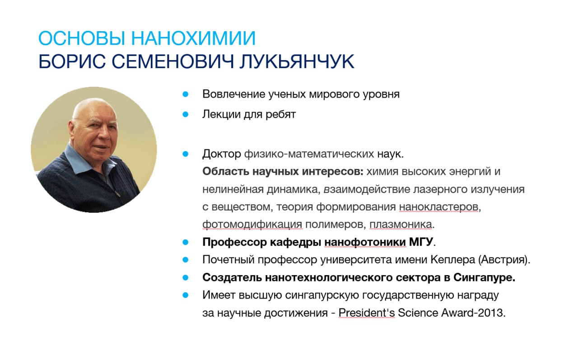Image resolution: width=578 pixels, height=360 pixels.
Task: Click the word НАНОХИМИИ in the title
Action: pyautogui.click(x=193, y=38)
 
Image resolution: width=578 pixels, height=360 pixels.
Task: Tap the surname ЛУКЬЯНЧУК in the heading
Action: pyautogui.click(x=297, y=61)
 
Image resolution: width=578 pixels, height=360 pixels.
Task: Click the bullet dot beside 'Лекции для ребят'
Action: pyautogui.click(x=185, y=114)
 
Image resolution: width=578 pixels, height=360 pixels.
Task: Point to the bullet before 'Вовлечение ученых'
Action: pyautogui.click(x=185, y=94)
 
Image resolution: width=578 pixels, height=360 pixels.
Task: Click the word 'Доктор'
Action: pyautogui.click(x=222, y=154)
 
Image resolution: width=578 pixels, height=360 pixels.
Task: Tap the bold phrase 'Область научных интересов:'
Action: pyautogui.click(x=283, y=171)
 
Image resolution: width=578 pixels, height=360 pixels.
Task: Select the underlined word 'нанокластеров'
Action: pyautogui.click(x=438, y=207)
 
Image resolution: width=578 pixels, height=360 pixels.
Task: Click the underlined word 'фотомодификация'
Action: pyautogui.click(x=252, y=224)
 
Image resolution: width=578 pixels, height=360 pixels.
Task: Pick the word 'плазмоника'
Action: pyautogui.click(x=401, y=224)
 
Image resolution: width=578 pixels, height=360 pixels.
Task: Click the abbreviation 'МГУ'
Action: pyautogui.click(x=421, y=242)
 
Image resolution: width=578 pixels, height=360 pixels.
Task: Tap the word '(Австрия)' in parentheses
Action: pyautogui.click(x=503, y=260)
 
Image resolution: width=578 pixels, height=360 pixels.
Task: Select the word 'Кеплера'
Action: pyautogui.click(x=452, y=260)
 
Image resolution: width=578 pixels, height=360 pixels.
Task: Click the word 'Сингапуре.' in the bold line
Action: pyautogui.click(x=485, y=278)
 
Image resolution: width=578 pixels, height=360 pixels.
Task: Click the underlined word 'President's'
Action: pyautogui.click(x=366, y=313)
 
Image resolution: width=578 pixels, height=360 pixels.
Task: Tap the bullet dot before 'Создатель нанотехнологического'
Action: pyautogui.click(x=185, y=278)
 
